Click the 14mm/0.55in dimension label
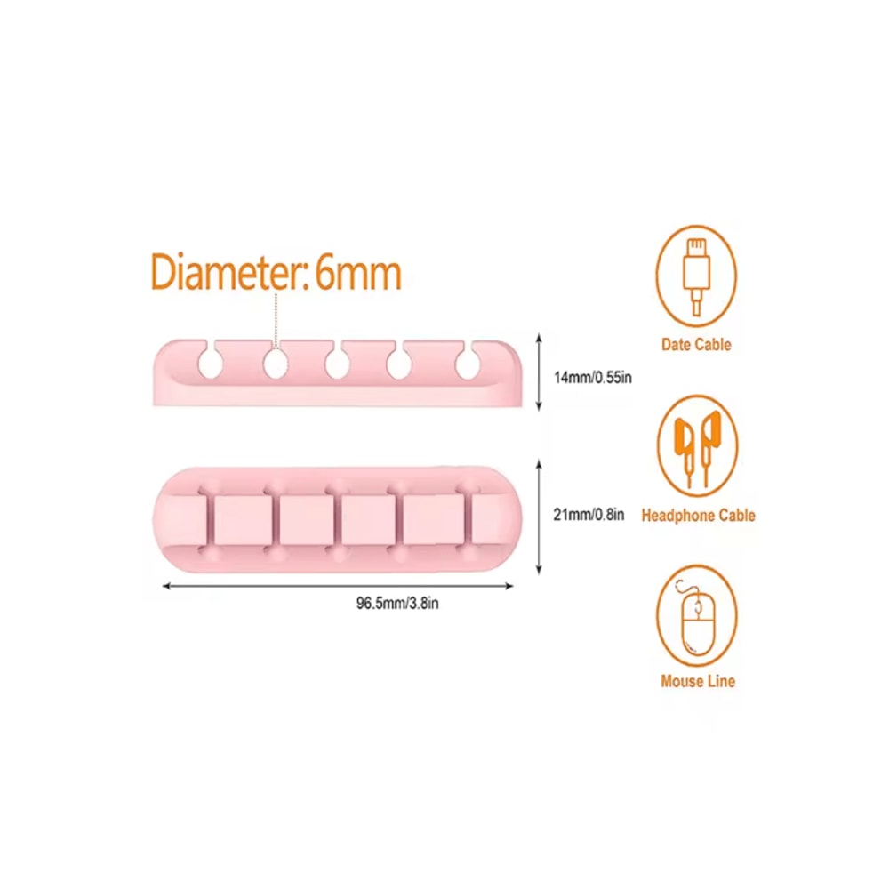coord(593,377)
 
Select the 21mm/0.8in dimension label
coord(589,514)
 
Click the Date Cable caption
coord(696,345)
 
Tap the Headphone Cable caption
coord(698,515)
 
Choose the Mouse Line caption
coord(698,681)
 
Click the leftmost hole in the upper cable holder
coord(210,363)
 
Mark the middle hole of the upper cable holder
coord(337,363)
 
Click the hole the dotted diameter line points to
coord(274,363)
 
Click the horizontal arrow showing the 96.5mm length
coord(338,585)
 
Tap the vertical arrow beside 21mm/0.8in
coord(540,516)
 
